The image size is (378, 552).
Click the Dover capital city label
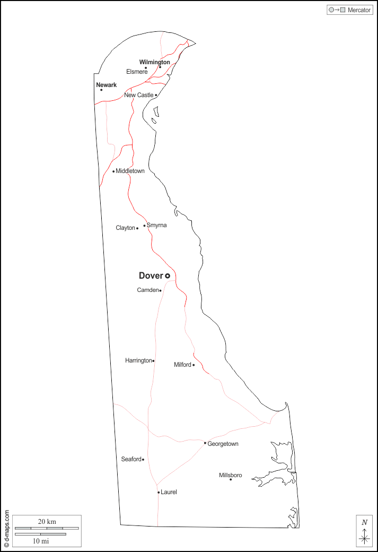tap(151, 275)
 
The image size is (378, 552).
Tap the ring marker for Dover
tap(168, 276)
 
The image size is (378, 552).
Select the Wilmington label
tap(155, 62)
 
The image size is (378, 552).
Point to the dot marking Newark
tap(101, 90)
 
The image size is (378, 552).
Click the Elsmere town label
tap(136, 72)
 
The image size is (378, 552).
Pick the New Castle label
tap(138, 95)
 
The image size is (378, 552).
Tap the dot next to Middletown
tap(113, 171)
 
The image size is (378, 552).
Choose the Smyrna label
tap(156, 225)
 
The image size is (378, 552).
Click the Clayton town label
tap(125, 228)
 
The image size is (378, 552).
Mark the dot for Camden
tap(160, 291)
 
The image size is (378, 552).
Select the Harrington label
tap(138, 360)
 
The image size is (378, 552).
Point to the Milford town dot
tap(194, 365)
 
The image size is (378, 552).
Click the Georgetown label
tap(223, 444)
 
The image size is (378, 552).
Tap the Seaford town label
tap(131, 459)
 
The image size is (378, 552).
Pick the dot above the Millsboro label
tap(231, 480)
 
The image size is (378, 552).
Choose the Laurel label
tap(169, 492)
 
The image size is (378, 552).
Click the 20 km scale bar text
tap(47, 522)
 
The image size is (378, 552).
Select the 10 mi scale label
tap(41, 541)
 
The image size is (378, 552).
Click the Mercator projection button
tap(350, 10)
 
